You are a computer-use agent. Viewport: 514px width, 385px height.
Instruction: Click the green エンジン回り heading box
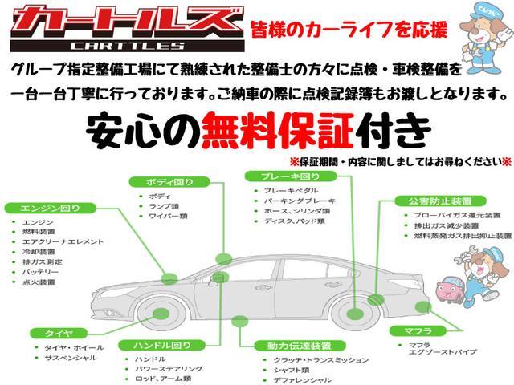[43, 208]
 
